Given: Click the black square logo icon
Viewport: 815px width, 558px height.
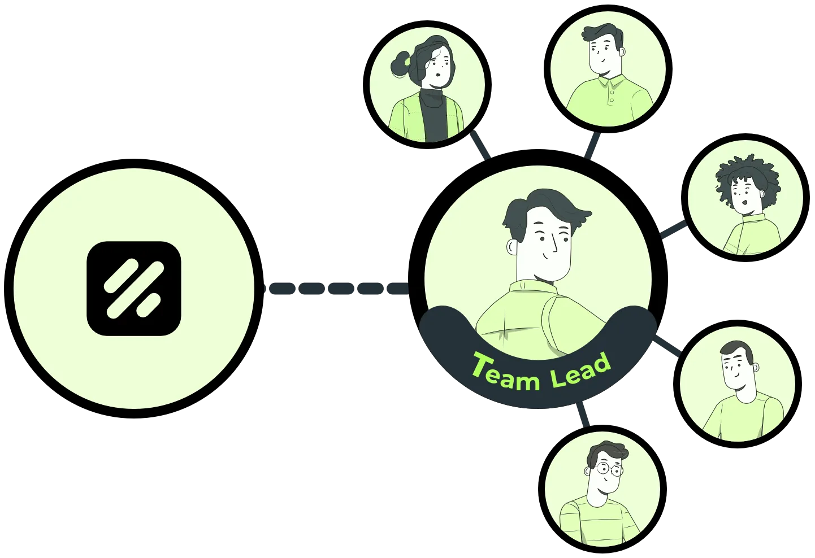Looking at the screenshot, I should tap(134, 288).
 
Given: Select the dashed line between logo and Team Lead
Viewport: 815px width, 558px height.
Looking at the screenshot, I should tap(337, 288).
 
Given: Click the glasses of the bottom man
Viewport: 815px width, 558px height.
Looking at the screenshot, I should tap(608, 469).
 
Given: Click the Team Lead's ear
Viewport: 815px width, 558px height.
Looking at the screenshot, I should tap(512, 247).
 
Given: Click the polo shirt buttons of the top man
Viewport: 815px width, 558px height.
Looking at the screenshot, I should tap(612, 95).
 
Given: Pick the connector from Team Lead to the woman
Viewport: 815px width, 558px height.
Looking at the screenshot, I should tap(481, 145).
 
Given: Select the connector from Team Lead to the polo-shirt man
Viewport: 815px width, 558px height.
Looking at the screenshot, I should tap(592, 145).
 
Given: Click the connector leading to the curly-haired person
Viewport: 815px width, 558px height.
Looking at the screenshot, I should tap(673, 229).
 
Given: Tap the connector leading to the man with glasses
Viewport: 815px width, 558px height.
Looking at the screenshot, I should tap(582, 414).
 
